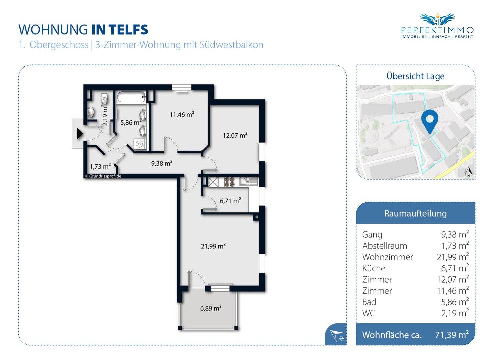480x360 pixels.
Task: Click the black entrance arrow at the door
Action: point(79,134)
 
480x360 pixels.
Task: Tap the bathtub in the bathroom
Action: point(131,97)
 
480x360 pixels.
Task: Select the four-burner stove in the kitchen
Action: point(229,181)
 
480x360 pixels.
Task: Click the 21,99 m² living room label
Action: point(213,246)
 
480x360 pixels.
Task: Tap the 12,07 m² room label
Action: point(235,135)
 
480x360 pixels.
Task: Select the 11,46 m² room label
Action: point(182,114)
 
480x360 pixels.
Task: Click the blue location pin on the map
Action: point(429,121)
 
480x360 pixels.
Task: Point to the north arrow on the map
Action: point(468,172)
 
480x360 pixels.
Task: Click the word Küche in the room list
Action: point(374,268)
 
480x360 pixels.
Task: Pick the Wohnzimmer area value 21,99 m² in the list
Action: point(453,257)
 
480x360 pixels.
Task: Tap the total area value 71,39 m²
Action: point(452,334)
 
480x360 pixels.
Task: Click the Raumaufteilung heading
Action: point(415,213)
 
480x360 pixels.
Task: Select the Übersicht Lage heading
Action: point(415,76)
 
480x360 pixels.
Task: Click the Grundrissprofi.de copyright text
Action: point(103,176)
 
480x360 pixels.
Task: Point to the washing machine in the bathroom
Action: point(140,144)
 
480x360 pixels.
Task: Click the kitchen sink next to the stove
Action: point(248,181)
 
